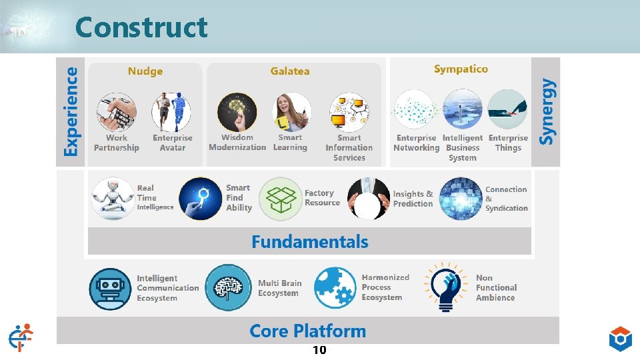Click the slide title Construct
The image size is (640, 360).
[x=141, y=27]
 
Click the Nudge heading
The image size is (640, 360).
[x=145, y=71]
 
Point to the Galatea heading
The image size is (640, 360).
[x=290, y=71]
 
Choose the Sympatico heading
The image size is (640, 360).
[x=461, y=69]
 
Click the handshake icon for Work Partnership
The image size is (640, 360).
[x=117, y=112]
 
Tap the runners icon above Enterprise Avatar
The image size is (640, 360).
[x=171, y=112]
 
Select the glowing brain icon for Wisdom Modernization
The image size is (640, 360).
[x=237, y=112]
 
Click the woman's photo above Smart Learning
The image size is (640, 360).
[x=291, y=112]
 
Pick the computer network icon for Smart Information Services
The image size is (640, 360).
[x=349, y=112]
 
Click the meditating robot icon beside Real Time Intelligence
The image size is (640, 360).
[x=112, y=199]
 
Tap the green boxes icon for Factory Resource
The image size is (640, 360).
[x=280, y=199]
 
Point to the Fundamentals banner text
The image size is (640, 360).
[x=309, y=241]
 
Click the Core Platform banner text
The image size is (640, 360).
[x=307, y=331]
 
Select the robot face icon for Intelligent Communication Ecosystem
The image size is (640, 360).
[x=111, y=288]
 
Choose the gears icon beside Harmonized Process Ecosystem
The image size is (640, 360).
[x=335, y=288]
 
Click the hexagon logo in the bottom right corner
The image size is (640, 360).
[x=620, y=339]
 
